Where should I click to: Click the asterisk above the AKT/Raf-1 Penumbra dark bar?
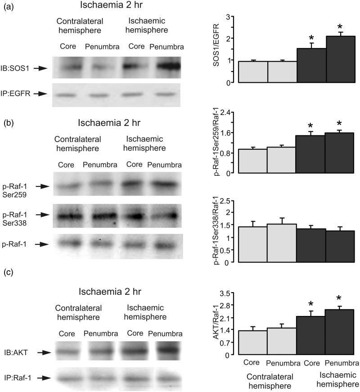(x=341, y=298)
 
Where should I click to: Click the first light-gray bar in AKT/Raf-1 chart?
(x=252, y=343)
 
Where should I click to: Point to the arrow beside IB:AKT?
(x=43, y=353)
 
